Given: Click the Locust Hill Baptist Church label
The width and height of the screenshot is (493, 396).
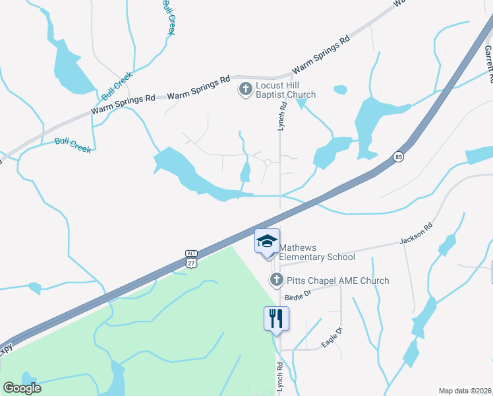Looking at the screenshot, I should pyautogui.click(x=285, y=90).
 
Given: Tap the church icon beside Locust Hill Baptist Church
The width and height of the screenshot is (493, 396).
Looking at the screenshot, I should pyautogui.click(x=245, y=89).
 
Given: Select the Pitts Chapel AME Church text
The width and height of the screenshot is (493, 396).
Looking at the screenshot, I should pyautogui.click(x=337, y=280).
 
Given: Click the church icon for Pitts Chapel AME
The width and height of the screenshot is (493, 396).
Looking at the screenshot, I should pyautogui.click(x=277, y=280).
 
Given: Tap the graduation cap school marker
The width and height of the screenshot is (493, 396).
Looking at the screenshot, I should pyautogui.click(x=268, y=241).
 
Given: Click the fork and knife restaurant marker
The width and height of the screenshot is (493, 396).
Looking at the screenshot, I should pyautogui.click(x=277, y=318).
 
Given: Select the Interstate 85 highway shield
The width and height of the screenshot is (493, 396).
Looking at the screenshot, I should pyautogui.click(x=399, y=157).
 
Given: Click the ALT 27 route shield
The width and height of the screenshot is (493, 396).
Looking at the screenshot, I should pyautogui.click(x=191, y=259).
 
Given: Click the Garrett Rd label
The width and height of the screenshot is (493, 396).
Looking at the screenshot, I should pyautogui.click(x=488, y=63).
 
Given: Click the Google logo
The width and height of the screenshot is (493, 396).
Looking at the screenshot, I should pyautogui.click(x=22, y=388).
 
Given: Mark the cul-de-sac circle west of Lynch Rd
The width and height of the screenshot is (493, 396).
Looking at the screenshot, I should pyautogui.click(x=268, y=162).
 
